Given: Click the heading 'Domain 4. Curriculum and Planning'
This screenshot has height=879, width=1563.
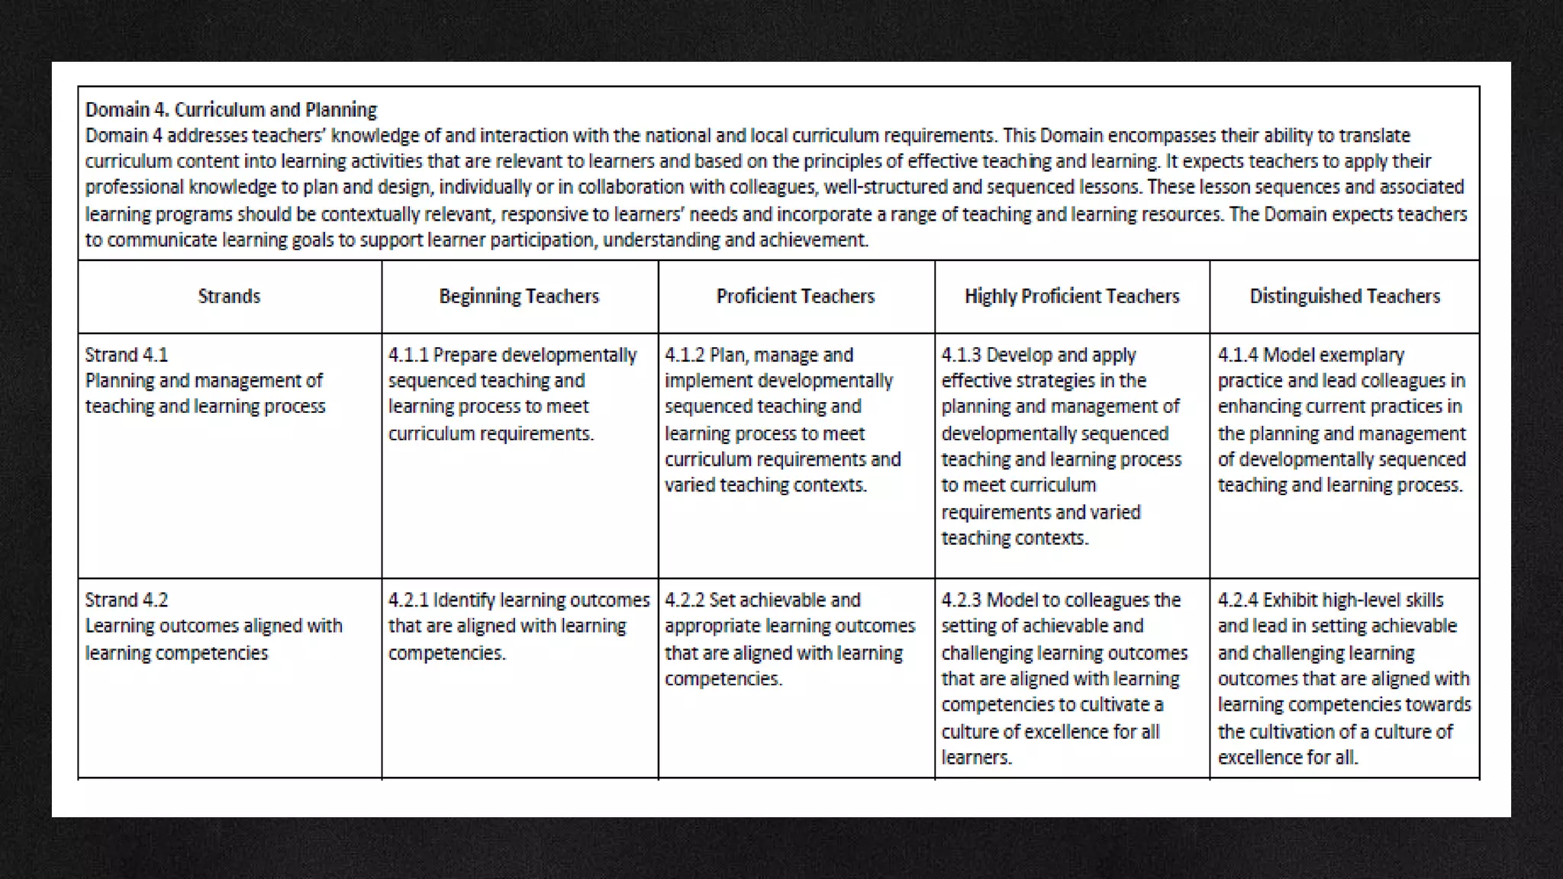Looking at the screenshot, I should point(230,110).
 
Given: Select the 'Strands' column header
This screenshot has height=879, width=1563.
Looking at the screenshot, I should point(229,296).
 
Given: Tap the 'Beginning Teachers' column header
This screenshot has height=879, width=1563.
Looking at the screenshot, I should point(519,296).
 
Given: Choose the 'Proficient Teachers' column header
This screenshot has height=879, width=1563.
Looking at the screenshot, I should point(795,296).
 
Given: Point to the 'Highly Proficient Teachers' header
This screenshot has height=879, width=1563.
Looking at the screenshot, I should point(1072,296).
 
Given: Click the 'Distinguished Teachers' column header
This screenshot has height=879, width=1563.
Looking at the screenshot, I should point(1345,296).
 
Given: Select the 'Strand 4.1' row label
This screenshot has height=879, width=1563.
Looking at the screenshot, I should point(127,355).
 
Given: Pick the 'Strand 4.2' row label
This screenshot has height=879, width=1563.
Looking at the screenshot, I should point(127,600).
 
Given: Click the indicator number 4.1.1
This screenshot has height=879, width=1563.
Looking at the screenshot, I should point(408,355).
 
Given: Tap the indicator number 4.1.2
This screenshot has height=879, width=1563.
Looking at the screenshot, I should point(685,355).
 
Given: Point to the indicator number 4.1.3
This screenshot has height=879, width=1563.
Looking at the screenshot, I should point(961,355).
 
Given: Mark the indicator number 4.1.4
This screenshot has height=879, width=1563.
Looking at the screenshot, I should point(1237,355).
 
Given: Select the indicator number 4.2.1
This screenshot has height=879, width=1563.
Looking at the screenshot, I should point(408,600).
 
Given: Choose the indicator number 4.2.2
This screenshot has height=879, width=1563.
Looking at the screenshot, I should point(685,600).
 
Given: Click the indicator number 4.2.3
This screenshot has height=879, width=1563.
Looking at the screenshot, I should point(961,600).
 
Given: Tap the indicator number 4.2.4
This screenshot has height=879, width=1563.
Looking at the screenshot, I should point(1237,600).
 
